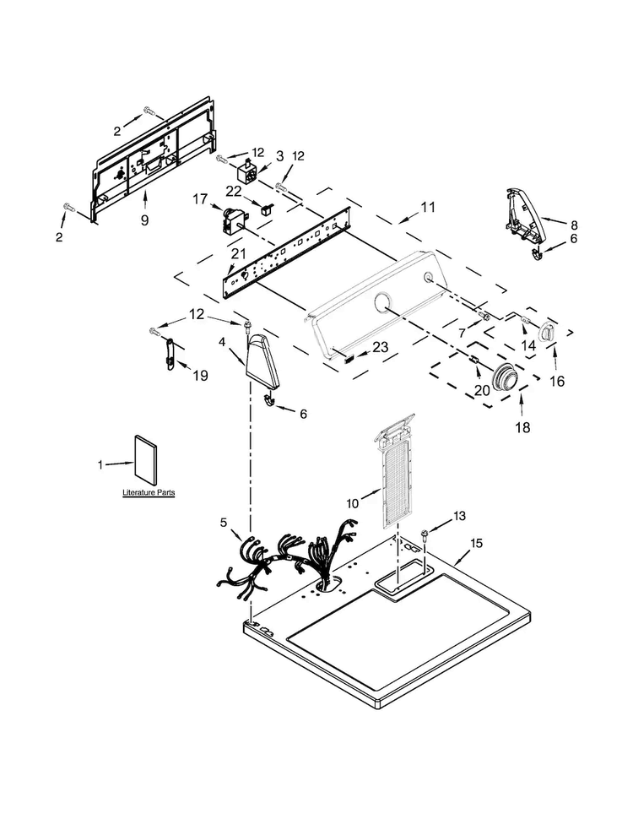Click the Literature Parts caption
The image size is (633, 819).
click(149, 492)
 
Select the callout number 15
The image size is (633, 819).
click(476, 543)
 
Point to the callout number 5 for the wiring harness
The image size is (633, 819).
click(224, 522)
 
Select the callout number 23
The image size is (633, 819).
click(381, 347)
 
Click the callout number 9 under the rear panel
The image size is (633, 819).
click(144, 220)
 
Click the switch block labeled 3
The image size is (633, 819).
click(248, 171)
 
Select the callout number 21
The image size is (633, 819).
click(238, 254)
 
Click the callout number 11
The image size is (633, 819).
click(428, 208)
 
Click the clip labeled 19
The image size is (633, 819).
click(169, 354)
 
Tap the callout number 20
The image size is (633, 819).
click(482, 390)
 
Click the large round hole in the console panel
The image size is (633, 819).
click(384, 303)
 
